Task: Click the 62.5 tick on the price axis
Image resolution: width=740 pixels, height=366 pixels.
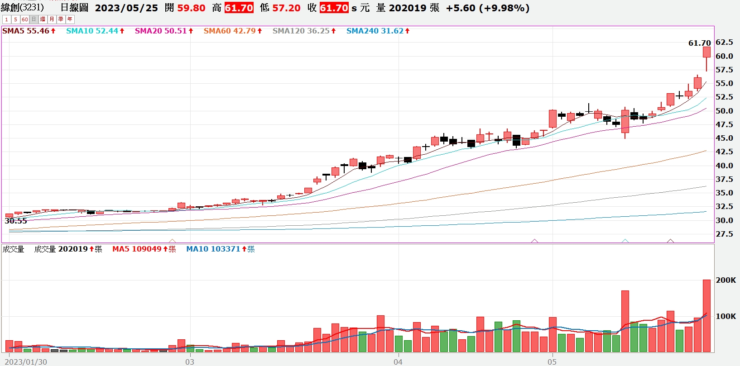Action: coord(724,42)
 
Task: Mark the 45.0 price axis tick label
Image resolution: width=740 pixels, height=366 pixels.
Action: coord(724,138)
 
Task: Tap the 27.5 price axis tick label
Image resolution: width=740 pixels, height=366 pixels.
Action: coord(724,234)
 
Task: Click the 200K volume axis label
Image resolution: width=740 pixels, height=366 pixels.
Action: coord(726,280)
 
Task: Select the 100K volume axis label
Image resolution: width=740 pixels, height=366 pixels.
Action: coord(726,316)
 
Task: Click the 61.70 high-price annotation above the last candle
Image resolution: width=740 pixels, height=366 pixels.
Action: coord(699,43)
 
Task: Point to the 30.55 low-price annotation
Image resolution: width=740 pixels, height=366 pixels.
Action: coord(15,221)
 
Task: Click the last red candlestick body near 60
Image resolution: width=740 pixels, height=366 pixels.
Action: coord(706,52)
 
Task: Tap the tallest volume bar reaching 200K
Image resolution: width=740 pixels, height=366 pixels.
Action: coord(706,316)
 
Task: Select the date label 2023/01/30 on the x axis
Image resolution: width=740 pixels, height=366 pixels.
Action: coord(26,362)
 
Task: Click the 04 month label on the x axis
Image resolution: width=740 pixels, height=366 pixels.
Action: coord(398,362)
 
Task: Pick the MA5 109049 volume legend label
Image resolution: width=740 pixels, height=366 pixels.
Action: coord(144,249)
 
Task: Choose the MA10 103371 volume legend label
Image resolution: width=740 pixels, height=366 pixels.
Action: coord(221,249)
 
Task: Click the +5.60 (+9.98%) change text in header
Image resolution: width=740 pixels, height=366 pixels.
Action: coord(488,8)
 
